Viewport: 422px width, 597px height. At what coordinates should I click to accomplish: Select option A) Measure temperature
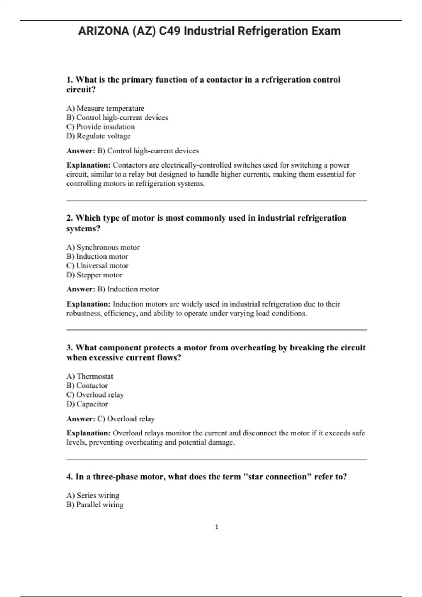point(105,108)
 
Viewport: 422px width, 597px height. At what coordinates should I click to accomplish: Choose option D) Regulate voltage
point(98,136)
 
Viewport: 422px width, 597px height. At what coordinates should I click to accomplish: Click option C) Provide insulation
point(101,127)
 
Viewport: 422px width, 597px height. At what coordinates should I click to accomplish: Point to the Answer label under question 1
point(81,151)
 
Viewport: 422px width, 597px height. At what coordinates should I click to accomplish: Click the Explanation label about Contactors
point(88,165)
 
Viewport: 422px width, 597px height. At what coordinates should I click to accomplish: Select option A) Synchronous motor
point(103,247)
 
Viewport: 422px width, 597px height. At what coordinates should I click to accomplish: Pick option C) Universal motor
point(97,266)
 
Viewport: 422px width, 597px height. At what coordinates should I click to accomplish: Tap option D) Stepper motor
point(94,275)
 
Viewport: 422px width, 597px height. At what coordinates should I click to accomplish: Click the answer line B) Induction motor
point(128,289)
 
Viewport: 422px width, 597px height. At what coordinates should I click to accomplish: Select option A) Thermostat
point(90,376)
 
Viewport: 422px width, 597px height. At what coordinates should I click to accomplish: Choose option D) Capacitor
point(87,404)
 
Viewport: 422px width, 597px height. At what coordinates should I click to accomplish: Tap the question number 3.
point(69,348)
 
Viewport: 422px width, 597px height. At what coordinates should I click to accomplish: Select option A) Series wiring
point(93,496)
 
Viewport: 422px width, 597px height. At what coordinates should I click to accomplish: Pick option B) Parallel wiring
point(95,505)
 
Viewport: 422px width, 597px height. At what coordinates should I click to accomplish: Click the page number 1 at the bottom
point(216,527)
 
